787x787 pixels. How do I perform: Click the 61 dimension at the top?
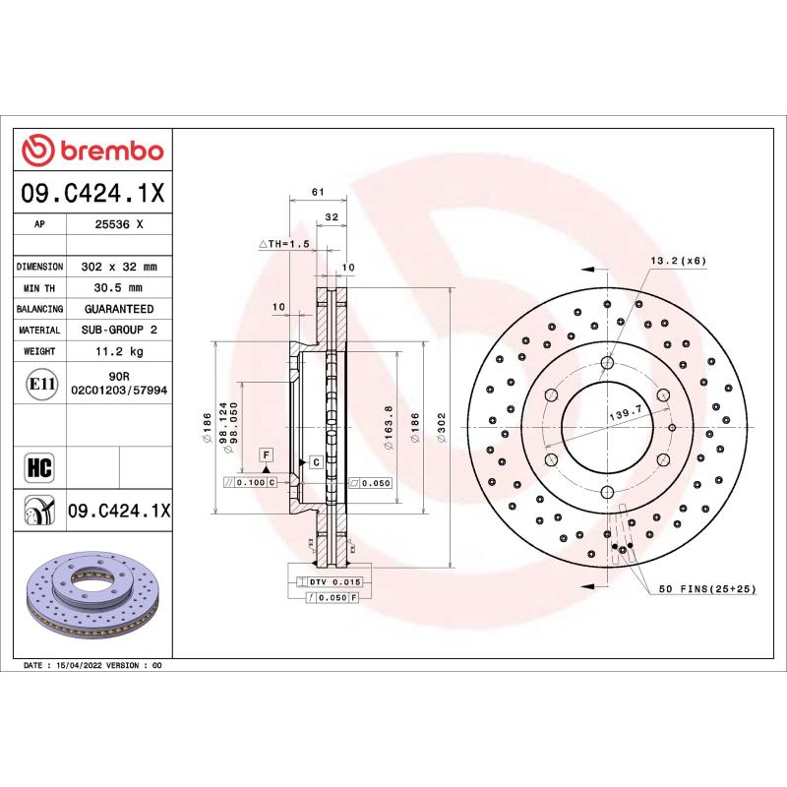point(317,192)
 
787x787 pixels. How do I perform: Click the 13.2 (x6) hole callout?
point(678,260)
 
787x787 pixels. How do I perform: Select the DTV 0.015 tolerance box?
point(329,582)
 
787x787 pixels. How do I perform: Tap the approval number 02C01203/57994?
point(119,391)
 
